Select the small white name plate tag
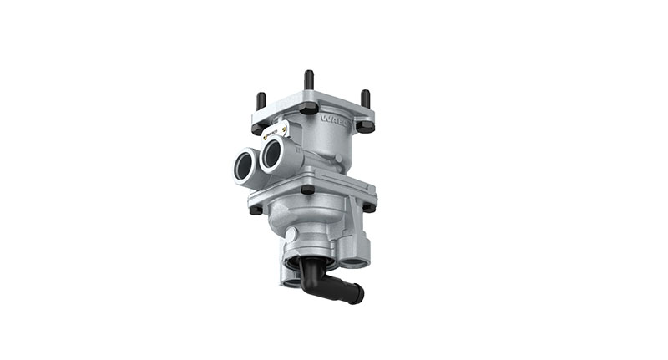(x=276, y=132)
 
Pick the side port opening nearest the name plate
(x=272, y=155)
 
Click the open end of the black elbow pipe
(x=357, y=293)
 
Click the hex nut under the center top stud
(x=309, y=108)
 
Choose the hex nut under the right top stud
(x=365, y=126)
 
